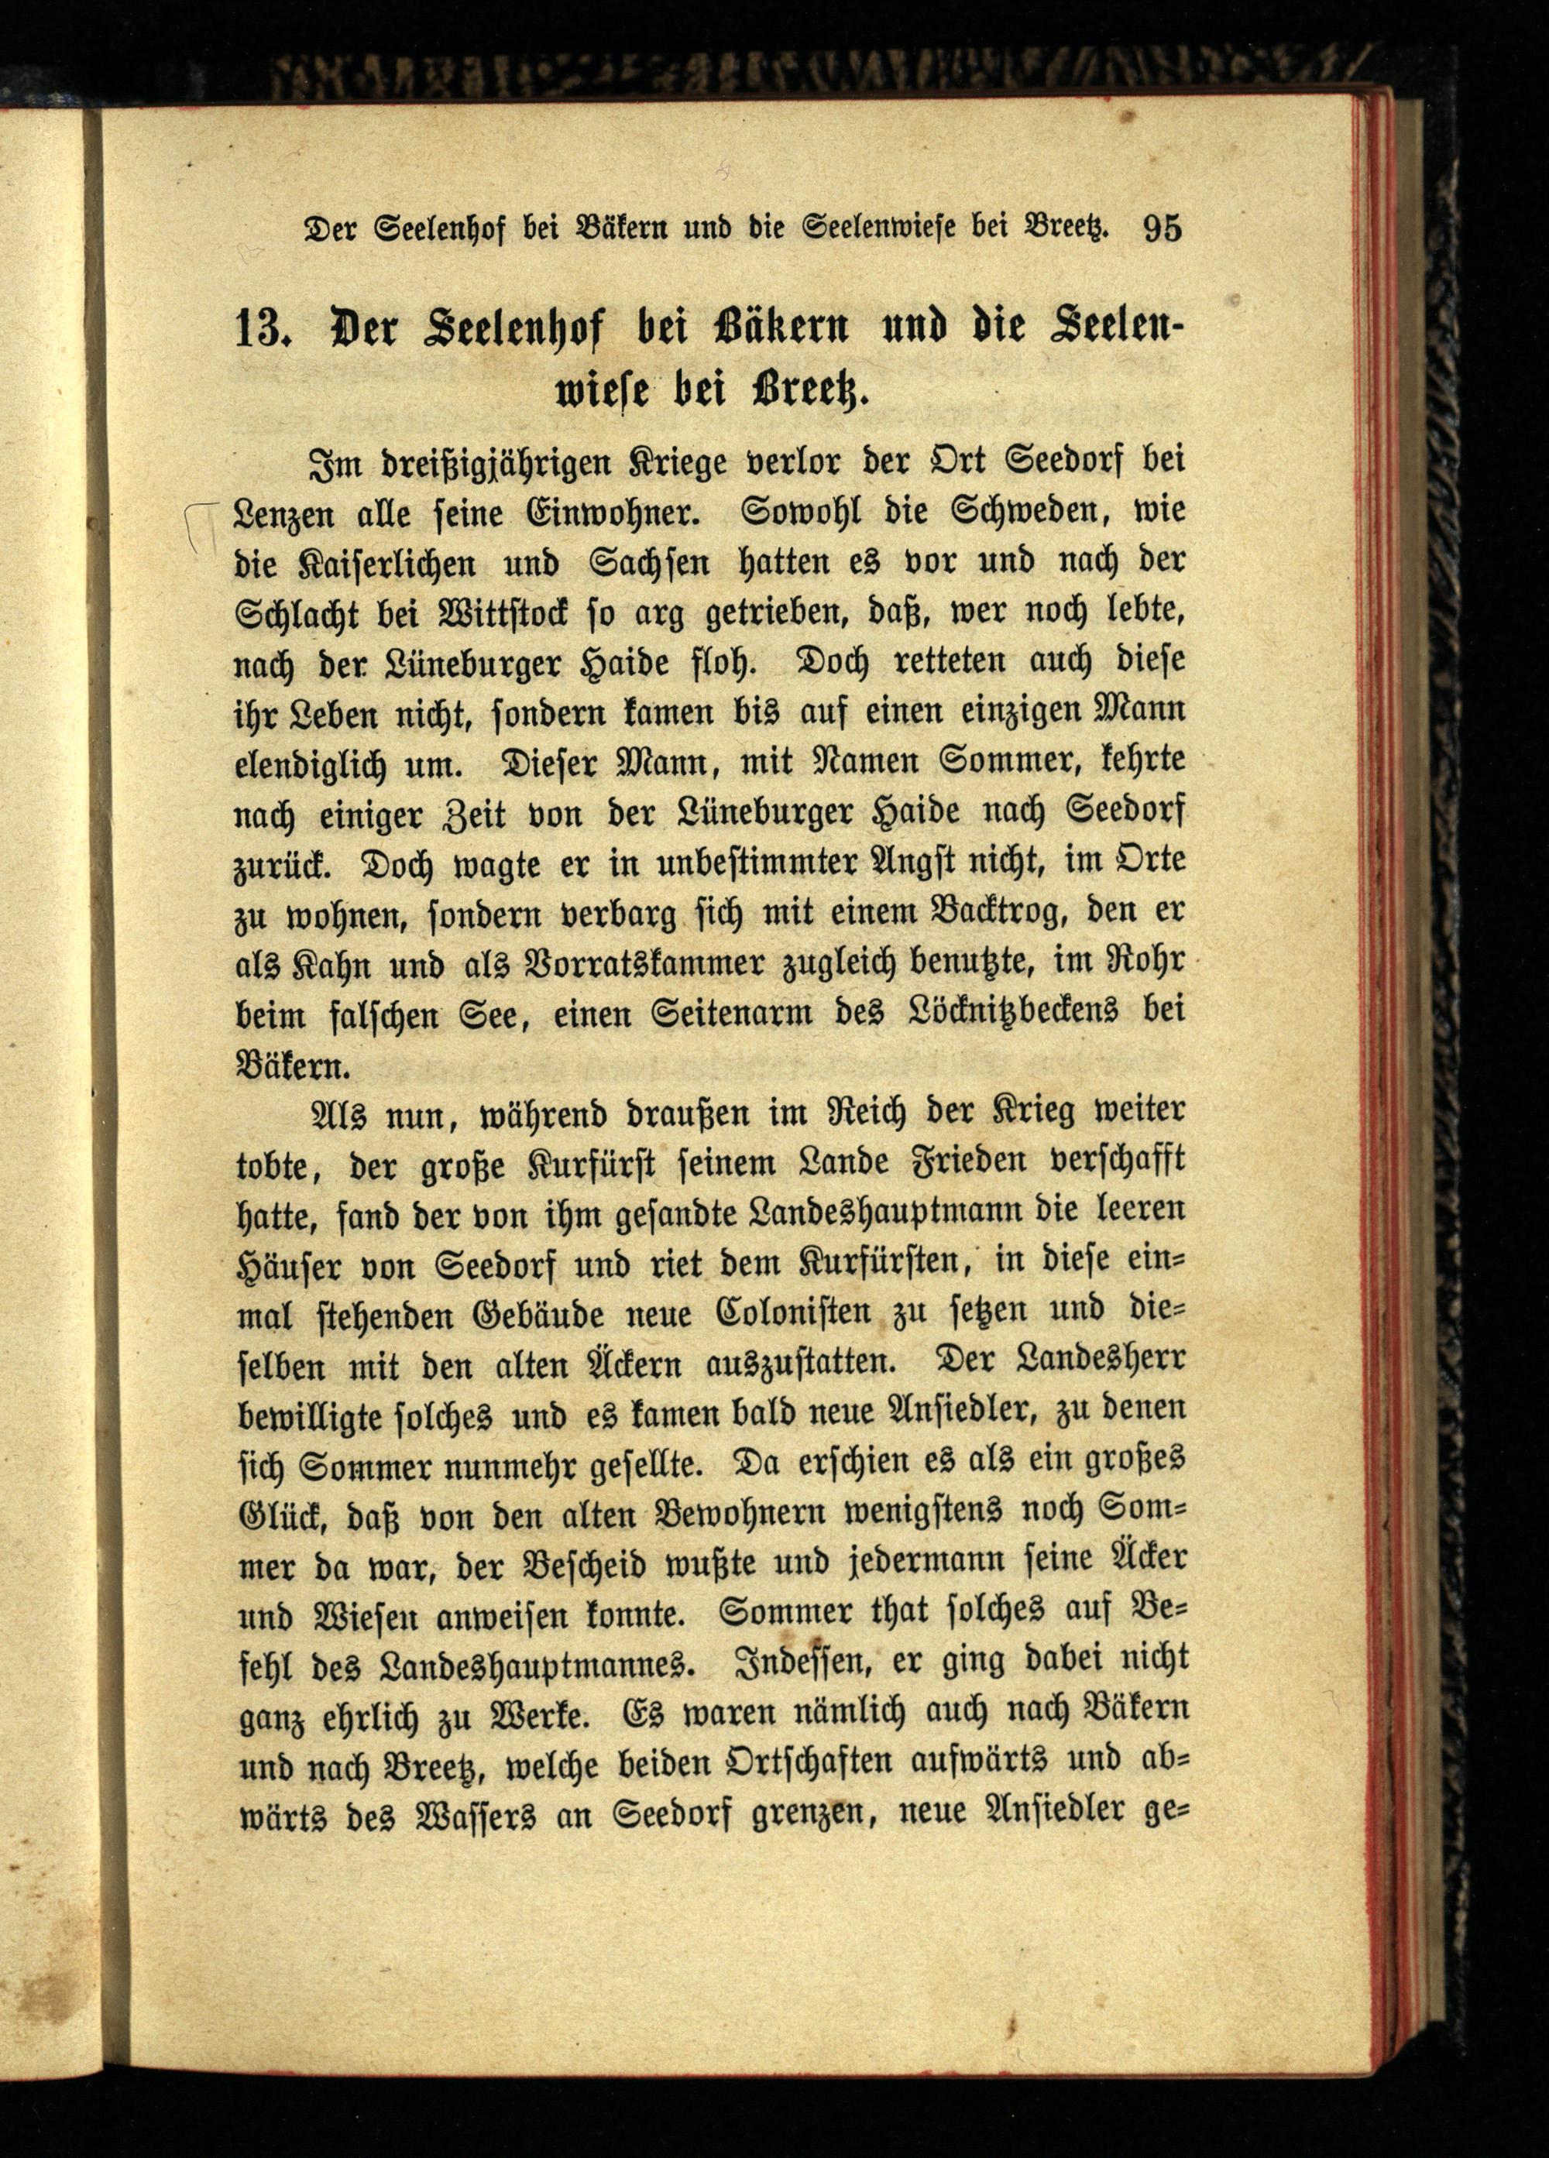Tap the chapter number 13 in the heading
261,331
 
